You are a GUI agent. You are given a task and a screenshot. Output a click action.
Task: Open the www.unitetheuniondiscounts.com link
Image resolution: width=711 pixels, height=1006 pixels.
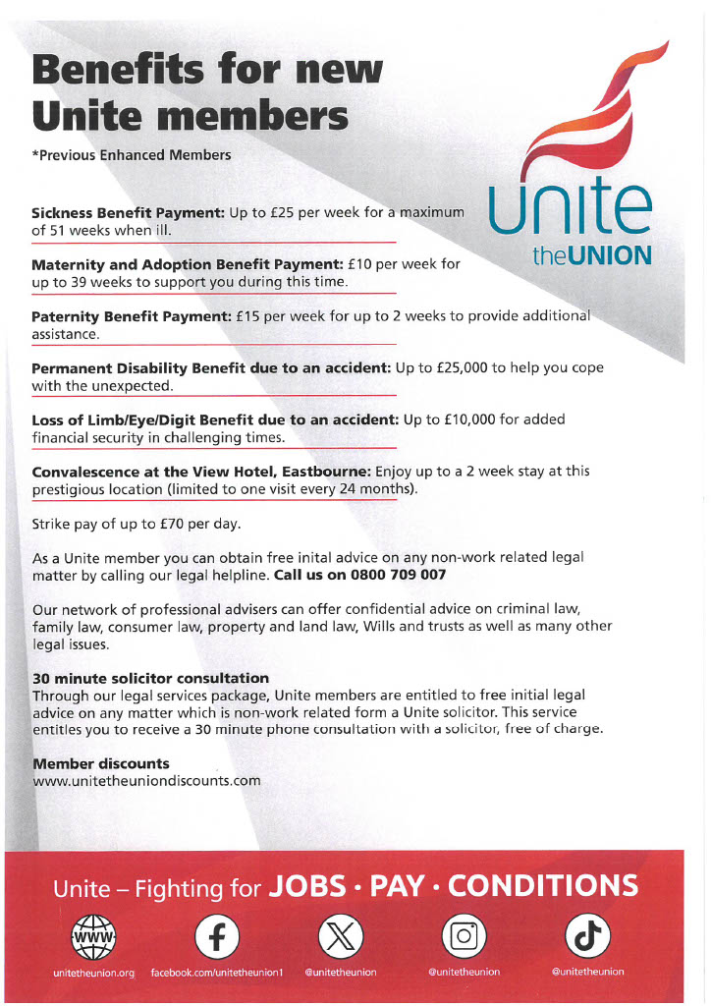tap(146, 781)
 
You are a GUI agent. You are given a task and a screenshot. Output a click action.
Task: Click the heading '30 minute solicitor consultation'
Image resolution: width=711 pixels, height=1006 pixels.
tap(150, 678)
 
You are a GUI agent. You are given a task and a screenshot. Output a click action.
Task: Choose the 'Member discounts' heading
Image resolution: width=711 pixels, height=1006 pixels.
tap(100, 763)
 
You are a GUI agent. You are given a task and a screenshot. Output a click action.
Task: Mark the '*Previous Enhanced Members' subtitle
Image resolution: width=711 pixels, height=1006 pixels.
tap(132, 155)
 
